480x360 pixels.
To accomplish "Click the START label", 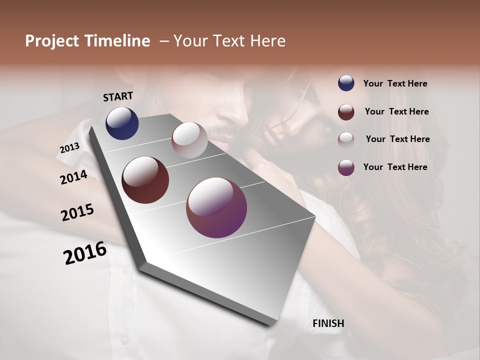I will click(118, 96).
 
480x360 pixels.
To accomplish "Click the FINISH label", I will click(328, 323).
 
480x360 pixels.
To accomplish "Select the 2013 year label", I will click(69, 148).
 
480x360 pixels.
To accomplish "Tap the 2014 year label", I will click(73, 177).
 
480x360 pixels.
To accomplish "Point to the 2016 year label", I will click(85, 253).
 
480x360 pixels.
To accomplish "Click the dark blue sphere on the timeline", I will click(122, 123).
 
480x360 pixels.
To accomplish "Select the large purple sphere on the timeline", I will click(216, 207).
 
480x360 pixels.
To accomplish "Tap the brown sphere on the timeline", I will click(145, 180).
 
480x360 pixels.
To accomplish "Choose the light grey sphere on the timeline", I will click(189, 140).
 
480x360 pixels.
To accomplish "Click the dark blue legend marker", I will click(346, 83).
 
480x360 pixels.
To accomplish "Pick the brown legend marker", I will click(346, 112).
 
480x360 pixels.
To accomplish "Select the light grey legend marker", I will click(346, 139).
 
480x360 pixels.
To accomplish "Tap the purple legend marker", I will click(346, 167).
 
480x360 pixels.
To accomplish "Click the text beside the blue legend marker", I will click(395, 84).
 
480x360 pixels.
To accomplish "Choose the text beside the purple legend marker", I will click(395, 167).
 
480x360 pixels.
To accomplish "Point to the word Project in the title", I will click(52, 41).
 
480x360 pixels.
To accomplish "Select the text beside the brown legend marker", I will click(396, 111).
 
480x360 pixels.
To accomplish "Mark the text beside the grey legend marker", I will click(397, 139).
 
